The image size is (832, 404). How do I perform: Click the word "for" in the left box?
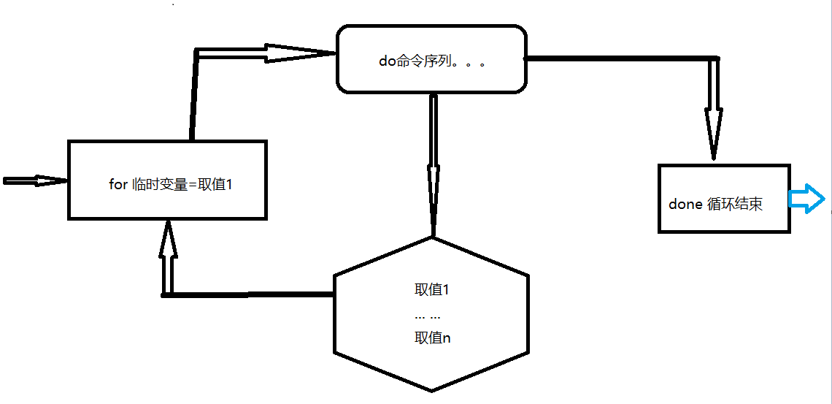tap(118, 184)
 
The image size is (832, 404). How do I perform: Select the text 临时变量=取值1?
tap(182, 184)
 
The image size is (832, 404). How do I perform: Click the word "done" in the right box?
tap(685, 205)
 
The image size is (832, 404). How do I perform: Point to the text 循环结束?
tap(735, 205)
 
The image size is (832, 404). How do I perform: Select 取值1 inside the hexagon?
tap(431, 290)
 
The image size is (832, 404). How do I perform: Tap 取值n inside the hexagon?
tap(432, 339)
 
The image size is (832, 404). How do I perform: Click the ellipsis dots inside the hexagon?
tap(427, 317)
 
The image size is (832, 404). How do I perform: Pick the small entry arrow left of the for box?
tap(33, 180)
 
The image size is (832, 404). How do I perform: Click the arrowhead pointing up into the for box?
tap(168, 241)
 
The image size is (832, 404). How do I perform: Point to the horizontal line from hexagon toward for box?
tap(248, 294)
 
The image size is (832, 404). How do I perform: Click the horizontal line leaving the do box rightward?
tap(620, 58)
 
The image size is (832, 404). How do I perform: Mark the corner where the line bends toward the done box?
tap(715, 58)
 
